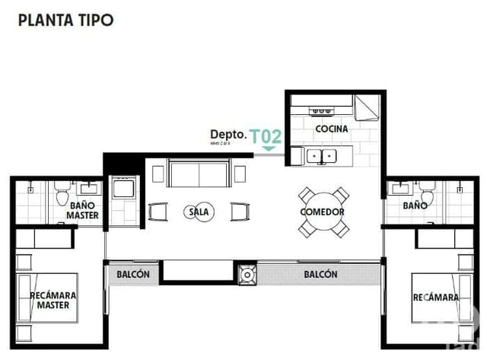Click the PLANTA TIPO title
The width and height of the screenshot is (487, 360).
click(x=65, y=20)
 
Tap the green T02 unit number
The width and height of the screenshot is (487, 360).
click(x=266, y=136)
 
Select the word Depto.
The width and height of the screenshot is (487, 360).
click(x=228, y=135)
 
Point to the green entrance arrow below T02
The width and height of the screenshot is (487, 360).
click(x=268, y=148)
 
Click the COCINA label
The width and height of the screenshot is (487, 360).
click(x=331, y=129)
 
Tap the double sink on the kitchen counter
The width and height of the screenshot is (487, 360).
click(x=323, y=157)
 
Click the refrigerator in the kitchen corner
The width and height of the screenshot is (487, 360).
click(x=368, y=107)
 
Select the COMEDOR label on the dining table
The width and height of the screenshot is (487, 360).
click(x=322, y=212)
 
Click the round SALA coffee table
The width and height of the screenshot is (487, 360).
click(x=199, y=212)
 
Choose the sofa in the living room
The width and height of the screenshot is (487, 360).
click(x=198, y=174)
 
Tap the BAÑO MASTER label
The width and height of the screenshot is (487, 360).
click(x=82, y=210)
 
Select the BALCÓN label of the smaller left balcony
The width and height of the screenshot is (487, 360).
click(x=133, y=274)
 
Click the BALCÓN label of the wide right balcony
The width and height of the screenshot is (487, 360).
click(x=320, y=274)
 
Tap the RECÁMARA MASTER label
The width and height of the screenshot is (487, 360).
click(x=53, y=300)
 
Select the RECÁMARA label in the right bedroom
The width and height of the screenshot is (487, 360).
click(x=435, y=297)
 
